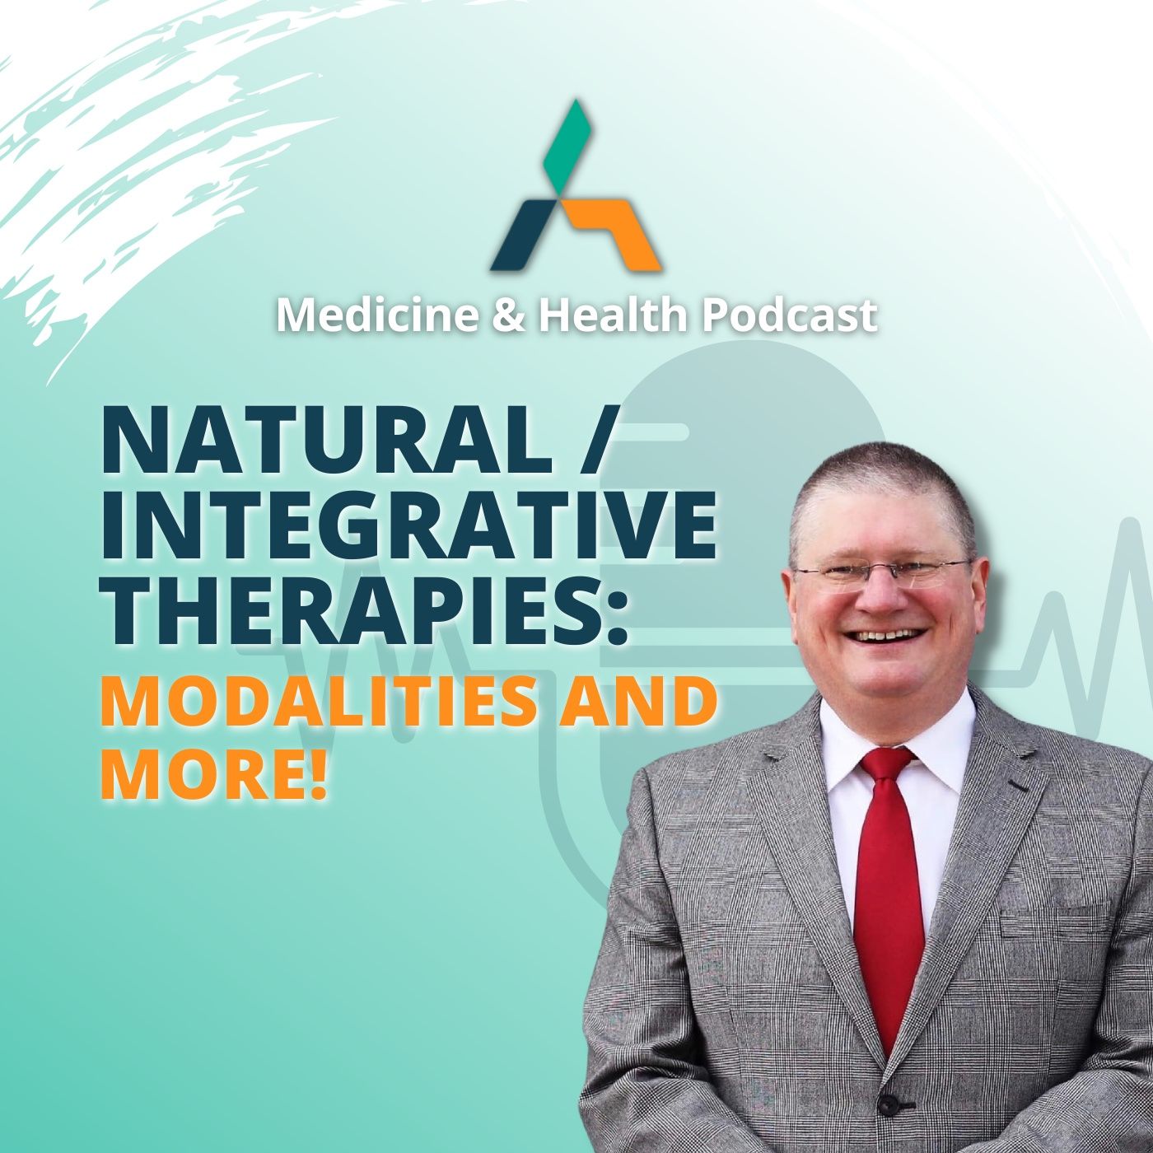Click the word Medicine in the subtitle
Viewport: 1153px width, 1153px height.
377,315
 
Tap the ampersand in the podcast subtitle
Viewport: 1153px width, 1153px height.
509,316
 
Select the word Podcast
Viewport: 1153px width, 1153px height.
789,315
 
